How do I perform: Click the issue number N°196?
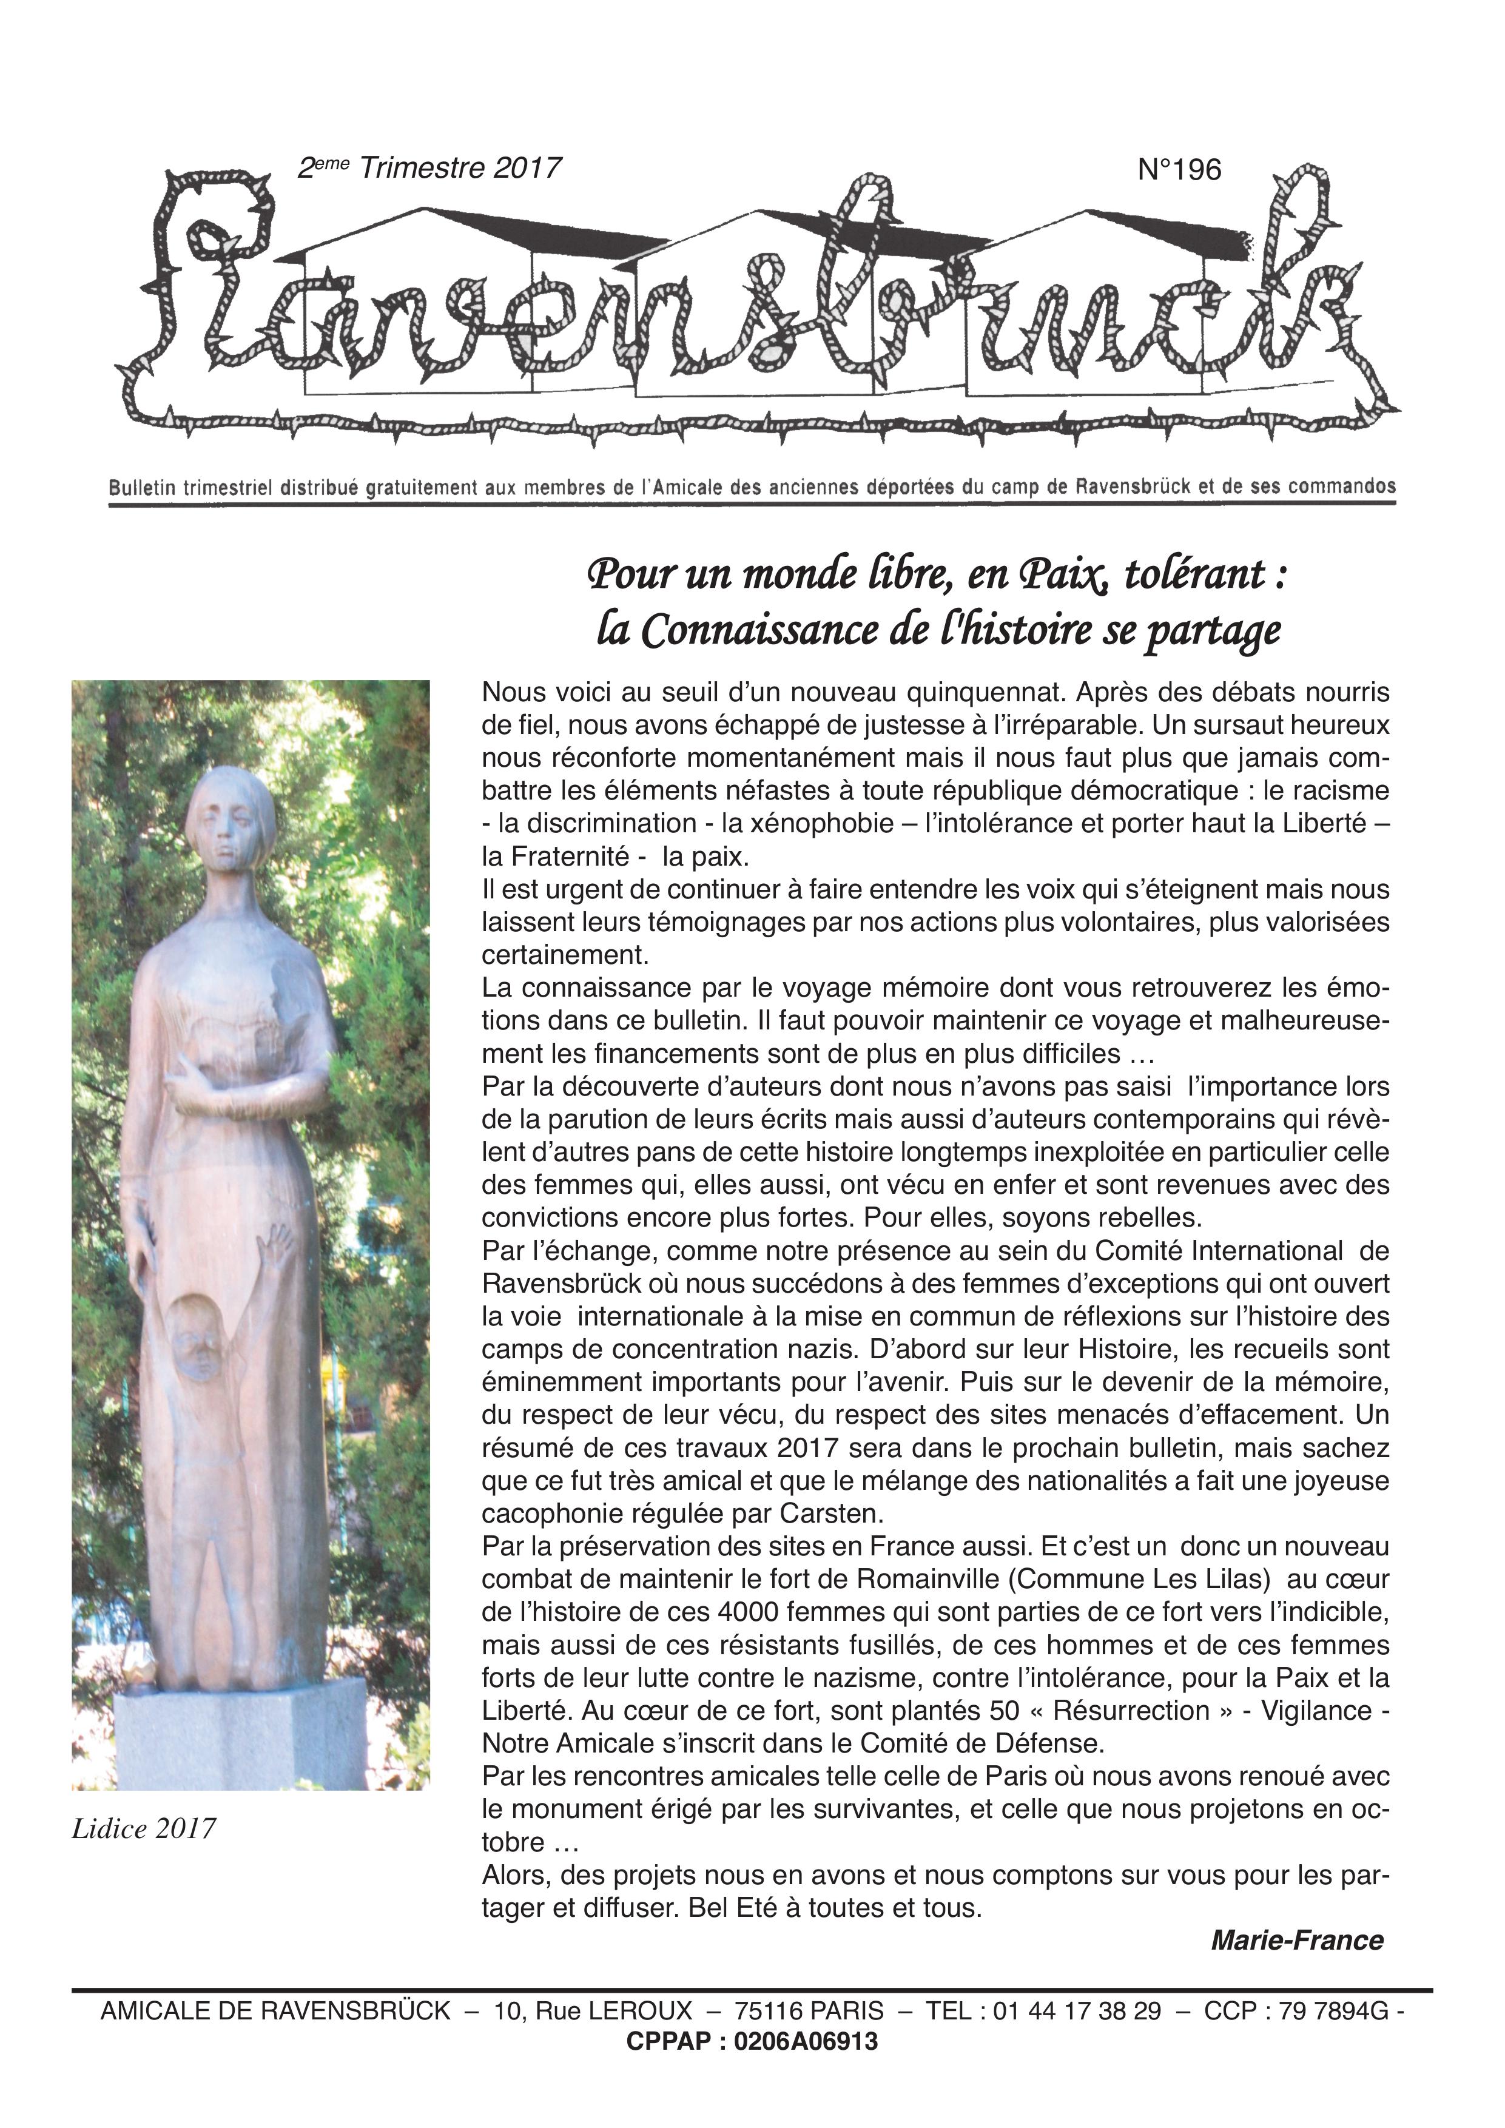(x=1179, y=170)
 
